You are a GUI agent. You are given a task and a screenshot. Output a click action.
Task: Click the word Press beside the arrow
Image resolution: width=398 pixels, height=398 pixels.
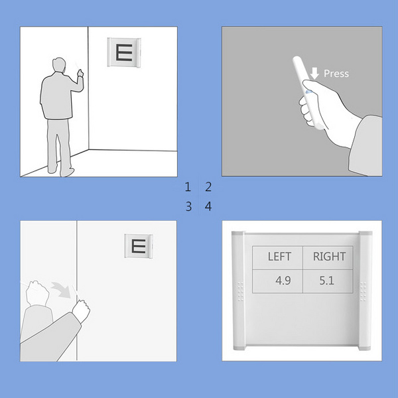point(336,74)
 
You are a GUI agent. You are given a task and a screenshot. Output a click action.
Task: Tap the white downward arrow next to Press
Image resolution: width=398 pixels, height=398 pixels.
point(314,74)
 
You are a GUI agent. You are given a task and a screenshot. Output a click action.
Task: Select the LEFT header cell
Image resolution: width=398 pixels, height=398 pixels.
point(277,257)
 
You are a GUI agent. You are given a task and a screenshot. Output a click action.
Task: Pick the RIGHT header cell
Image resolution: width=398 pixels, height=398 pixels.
point(328,257)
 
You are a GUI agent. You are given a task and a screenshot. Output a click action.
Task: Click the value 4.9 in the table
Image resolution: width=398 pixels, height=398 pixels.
point(283,281)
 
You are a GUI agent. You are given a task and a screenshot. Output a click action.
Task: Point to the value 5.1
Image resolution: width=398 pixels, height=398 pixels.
point(326,281)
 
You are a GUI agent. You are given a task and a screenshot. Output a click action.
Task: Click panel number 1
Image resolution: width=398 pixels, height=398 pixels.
point(188,187)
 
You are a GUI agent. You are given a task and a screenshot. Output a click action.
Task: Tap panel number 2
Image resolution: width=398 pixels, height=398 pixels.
point(208,187)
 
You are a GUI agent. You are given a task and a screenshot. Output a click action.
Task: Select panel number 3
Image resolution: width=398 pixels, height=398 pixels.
point(188,206)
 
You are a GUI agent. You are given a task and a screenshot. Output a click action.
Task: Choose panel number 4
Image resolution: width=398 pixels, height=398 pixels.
point(208,206)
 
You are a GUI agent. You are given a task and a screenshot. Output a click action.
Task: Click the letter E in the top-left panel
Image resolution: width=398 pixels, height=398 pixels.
point(125,52)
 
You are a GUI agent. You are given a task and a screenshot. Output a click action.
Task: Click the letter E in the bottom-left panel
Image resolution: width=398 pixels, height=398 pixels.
point(139,246)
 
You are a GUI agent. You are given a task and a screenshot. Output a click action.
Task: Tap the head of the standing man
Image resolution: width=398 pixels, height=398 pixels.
point(59,65)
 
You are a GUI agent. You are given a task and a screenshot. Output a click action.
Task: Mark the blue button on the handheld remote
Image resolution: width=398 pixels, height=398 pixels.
point(309,92)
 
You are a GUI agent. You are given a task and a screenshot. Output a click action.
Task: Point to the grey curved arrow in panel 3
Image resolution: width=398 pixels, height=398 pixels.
point(61,290)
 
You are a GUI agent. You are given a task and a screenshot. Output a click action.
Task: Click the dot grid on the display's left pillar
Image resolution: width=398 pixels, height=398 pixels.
point(240,291)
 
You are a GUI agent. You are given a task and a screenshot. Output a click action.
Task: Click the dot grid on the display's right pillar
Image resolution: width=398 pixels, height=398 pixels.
point(363,291)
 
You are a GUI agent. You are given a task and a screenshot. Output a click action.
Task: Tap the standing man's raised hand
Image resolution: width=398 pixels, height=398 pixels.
point(80,73)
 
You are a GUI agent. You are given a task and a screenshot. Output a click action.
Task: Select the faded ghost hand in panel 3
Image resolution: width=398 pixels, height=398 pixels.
point(38,293)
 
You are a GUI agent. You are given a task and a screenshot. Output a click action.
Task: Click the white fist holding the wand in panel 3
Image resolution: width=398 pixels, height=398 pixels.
point(81,310)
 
